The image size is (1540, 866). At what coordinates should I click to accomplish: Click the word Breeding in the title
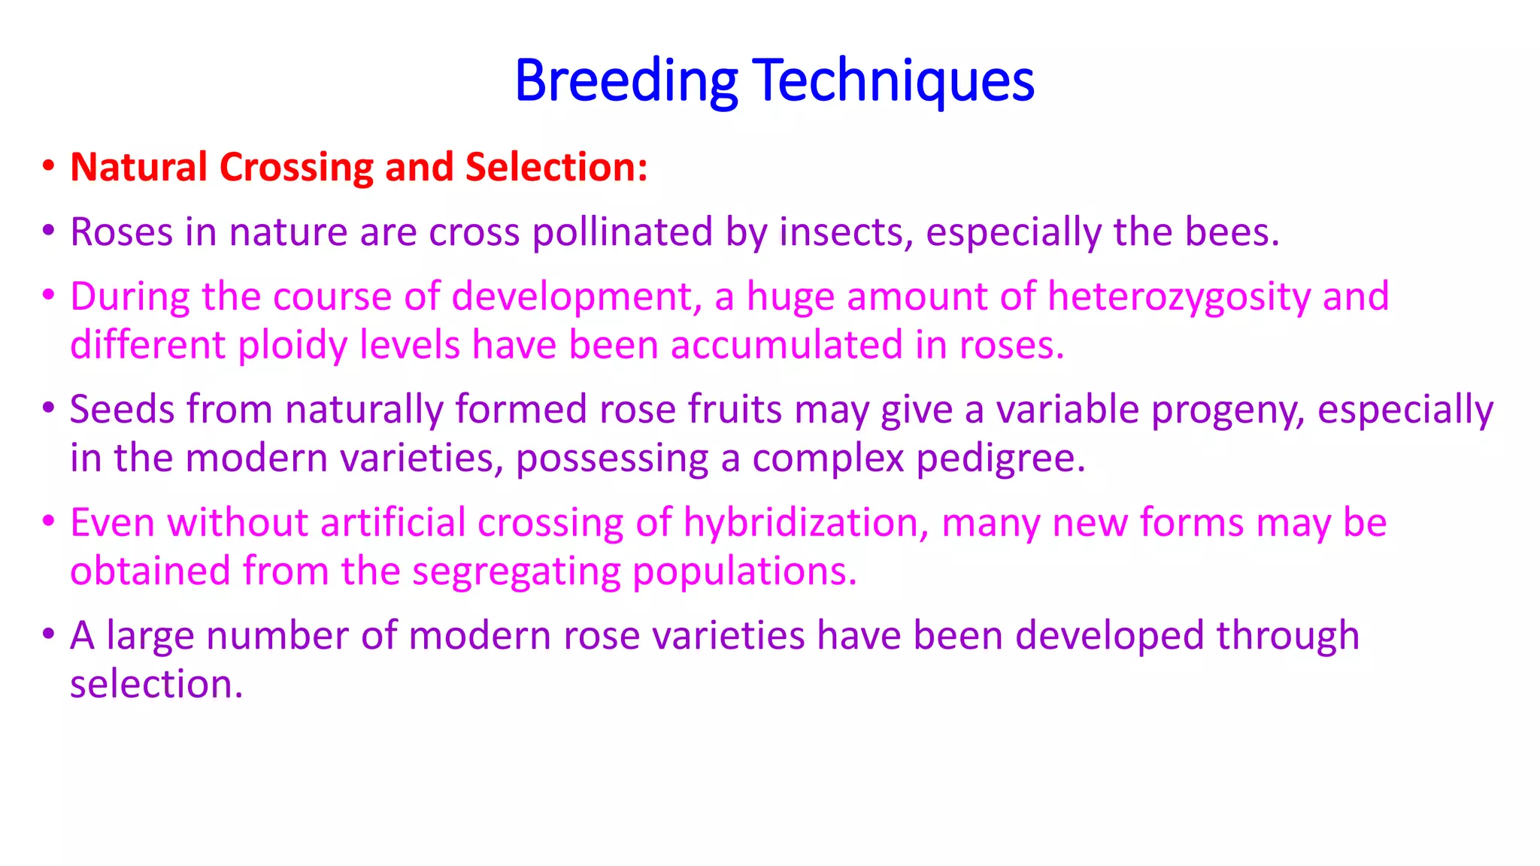coord(626,81)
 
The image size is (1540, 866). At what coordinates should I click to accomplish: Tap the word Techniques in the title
coord(893,81)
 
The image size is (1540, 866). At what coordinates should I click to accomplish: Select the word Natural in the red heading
coord(138,167)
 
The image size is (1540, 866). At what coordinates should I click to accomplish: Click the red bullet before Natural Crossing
coord(48,165)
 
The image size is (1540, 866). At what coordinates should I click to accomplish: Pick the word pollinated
coord(622,232)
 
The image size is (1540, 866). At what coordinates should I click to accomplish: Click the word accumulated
coord(786,346)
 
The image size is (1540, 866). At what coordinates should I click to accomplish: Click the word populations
coord(744,572)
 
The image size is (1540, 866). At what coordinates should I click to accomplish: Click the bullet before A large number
coord(48,634)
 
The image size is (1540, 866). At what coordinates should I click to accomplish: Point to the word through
coord(1287,636)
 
